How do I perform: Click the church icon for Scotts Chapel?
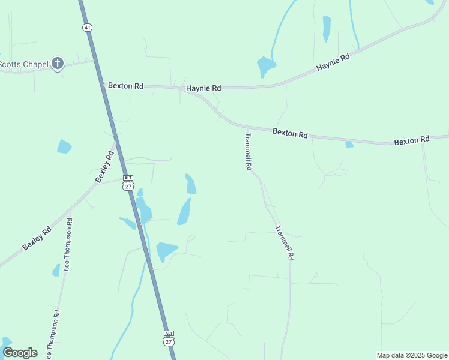click(x=57, y=63)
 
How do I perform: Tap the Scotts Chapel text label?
click(x=24, y=64)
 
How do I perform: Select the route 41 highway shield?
click(x=88, y=28)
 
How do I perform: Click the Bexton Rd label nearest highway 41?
click(x=125, y=86)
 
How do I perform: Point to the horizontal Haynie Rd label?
click(x=203, y=88)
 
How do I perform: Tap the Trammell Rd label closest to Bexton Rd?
click(x=247, y=152)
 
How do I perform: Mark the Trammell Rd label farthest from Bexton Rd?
click(x=284, y=242)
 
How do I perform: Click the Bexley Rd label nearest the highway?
click(x=104, y=166)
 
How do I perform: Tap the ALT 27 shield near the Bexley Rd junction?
click(x=128, y=183)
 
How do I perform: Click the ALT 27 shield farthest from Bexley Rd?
click(x=169, y=338)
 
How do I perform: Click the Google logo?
click(x=20, y=352)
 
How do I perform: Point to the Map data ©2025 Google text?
click(x=412, y=355)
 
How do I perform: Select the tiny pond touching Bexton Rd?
click(x=349, y=144)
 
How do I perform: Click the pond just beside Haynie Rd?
click(x=265, y=66)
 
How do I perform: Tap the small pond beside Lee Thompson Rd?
click(x=56, y=271)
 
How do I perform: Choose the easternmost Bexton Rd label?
click(x=412, y=140)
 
